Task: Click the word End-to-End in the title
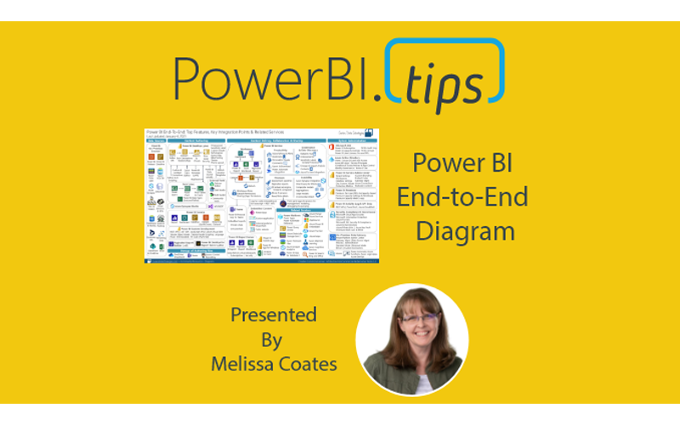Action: click(471, 197)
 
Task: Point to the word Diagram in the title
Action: click(471, 231)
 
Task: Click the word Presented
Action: click(273, 315)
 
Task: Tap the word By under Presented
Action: click(273, 340)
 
